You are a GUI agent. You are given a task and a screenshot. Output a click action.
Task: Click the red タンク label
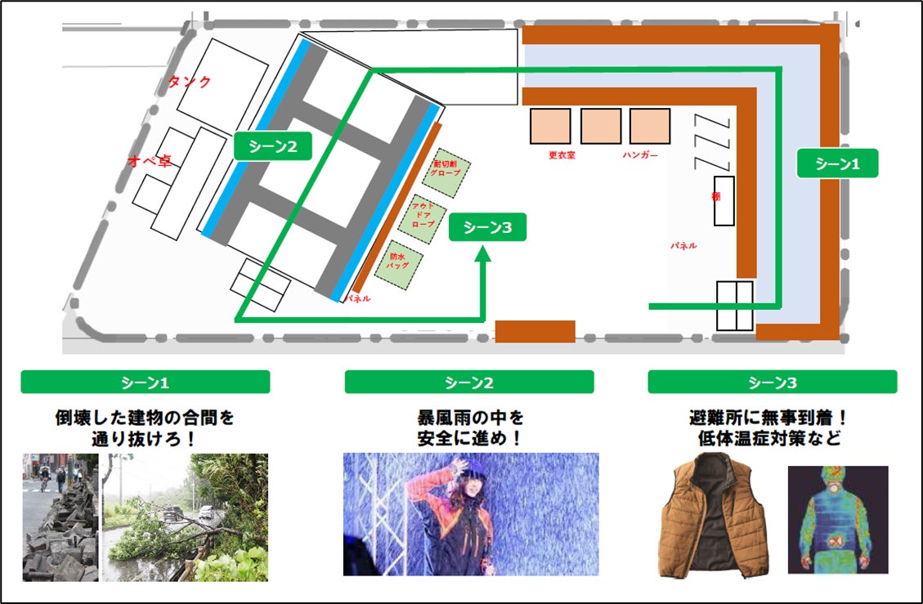pos(190,82)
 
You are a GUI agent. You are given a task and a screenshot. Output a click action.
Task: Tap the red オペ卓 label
pos(149,161)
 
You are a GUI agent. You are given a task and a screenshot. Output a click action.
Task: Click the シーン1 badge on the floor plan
pos(837,163)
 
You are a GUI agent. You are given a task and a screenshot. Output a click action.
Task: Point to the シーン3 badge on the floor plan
pos(487,228)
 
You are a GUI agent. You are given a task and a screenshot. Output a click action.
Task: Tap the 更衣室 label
pos(562,154)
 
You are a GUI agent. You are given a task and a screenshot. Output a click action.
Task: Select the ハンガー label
pos(640,154)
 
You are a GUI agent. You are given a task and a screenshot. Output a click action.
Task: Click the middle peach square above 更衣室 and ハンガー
pos(601,126)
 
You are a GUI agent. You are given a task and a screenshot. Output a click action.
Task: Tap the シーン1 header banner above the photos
pos(146,382)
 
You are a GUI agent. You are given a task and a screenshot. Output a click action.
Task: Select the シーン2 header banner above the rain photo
pos(469,382)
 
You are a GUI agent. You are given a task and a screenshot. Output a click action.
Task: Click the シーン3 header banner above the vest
pos(772,382)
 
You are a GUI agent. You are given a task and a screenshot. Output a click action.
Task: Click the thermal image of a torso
pos(837,520)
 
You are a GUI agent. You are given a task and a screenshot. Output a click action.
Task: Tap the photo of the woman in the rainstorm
pos(471,514)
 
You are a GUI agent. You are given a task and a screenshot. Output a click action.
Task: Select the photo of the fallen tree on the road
pos(186,517)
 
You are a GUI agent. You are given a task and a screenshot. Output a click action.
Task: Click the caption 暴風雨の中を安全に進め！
pos(470,427)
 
